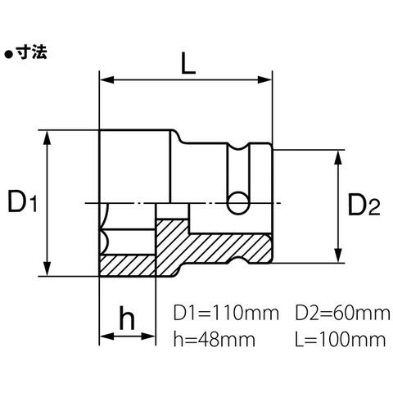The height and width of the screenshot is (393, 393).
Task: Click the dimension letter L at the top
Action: click(x=188, y=63)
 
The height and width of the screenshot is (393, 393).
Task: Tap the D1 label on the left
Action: click(x=22, y=201)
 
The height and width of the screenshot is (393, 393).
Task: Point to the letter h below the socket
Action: click(x=127, y=318)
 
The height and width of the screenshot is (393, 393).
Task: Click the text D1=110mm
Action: click(x=226, y=313)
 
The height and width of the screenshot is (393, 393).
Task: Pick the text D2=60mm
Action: click(x=342, y=313)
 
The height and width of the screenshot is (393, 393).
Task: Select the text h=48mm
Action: click(x=215, y=339)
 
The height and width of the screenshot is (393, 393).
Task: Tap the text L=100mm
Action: click(x=341, y=339)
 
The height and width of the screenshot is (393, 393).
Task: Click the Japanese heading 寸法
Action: click(x=31, y=52)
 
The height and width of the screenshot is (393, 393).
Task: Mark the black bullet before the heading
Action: click(x=9, y=54)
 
